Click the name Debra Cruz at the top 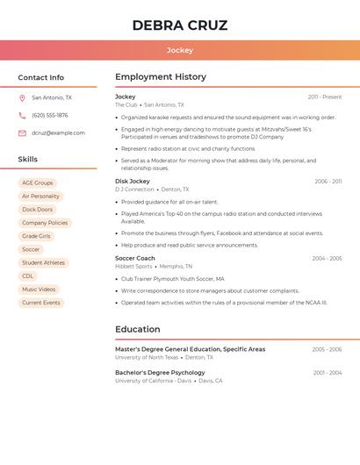[180, 25]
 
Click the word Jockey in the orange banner [180, 50]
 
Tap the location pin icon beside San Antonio [22, 98]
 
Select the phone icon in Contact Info [22, 116]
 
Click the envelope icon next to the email [22, 133]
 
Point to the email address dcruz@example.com [58, 133]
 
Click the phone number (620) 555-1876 [49, 116]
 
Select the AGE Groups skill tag [38, 183]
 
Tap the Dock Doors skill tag [38, 210]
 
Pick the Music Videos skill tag [39, 290]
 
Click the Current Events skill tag [41, 303]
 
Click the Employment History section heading [161, 77]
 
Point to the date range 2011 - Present [325, 97]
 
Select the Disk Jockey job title [133, 182]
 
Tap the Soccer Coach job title [135, 259]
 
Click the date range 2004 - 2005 [327, 259]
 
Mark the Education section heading [137, 330]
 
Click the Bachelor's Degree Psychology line [160, 373]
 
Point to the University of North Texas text [147, 358]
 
